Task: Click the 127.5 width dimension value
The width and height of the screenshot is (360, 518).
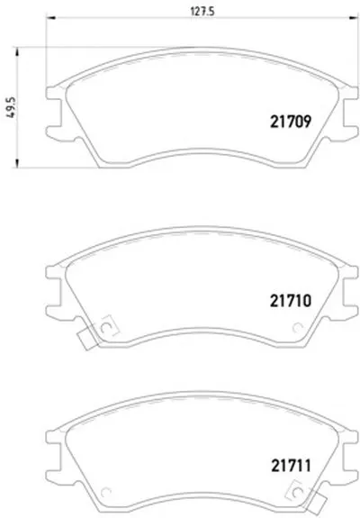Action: [202, 11]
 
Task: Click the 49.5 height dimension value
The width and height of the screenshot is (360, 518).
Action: [11, 107]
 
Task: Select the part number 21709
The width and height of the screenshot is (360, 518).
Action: [291, 122]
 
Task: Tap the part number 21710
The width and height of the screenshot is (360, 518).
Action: [291, 301]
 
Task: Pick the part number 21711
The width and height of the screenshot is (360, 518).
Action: [291, 466]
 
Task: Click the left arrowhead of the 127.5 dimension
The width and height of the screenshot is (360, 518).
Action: [50, 17]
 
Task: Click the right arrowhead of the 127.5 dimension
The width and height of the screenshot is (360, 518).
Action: [353, 17]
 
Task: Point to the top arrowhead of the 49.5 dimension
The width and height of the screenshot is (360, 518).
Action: [17, 51]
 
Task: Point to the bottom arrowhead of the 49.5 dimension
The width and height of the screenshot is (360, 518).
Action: [17, 163]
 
